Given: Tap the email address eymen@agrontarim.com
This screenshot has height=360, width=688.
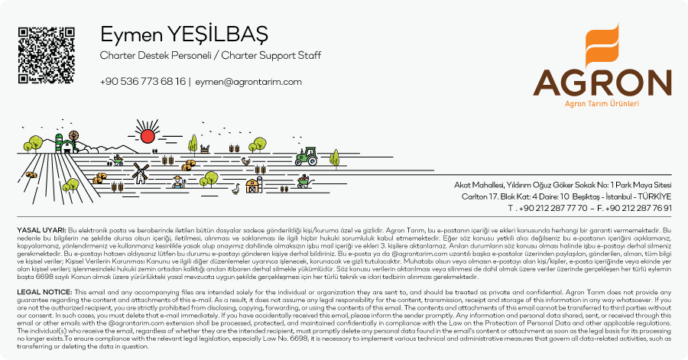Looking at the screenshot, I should (x=248, y=81).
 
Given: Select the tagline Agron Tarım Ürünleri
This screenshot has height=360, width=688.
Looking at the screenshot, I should (x=601, y=103).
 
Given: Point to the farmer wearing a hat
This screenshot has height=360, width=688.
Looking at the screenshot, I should (x=177, y=182).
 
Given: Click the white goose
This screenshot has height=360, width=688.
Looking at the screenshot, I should (x=237, y=187).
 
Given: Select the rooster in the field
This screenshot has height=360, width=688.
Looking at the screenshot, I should (x=245, y=161).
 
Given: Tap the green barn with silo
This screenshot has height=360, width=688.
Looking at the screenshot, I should (x=67, y=142).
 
